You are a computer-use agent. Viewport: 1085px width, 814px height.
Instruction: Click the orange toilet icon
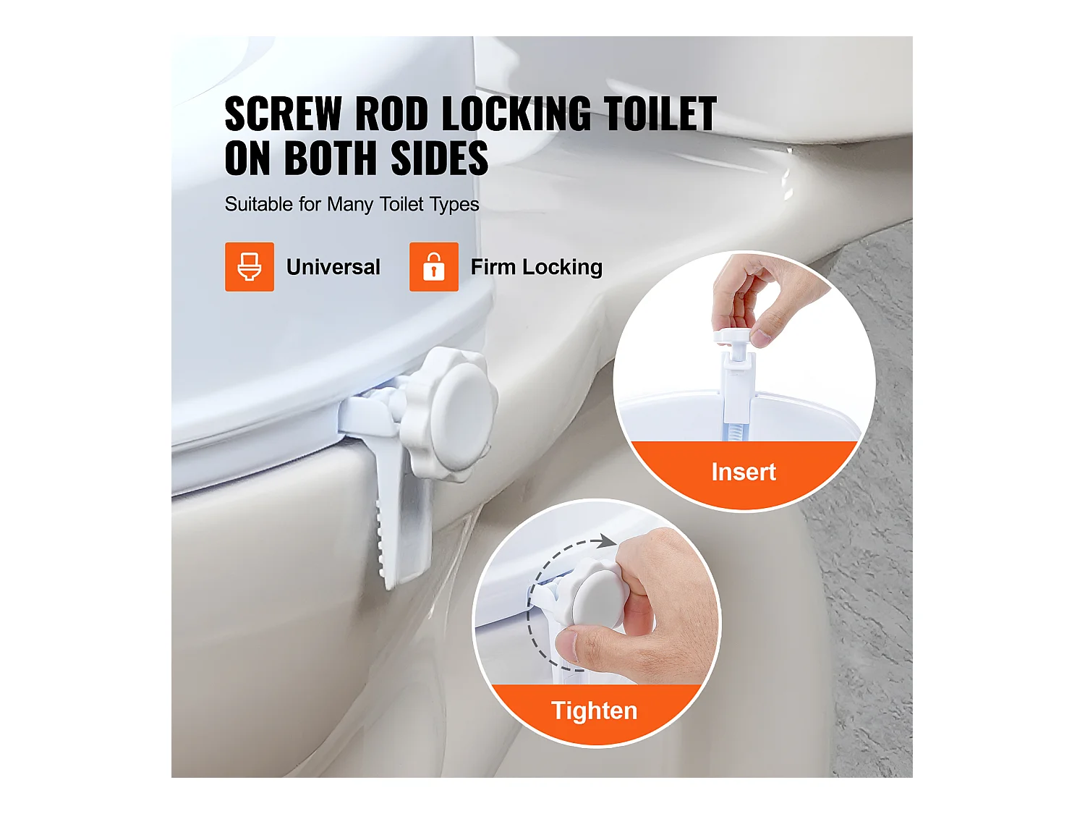tap(250, 267)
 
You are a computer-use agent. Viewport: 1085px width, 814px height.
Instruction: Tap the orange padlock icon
tap(434, 267)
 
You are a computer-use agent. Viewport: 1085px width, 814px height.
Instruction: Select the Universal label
tap(333, 267)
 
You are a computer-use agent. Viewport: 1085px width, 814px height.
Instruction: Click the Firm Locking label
tap(536, 267)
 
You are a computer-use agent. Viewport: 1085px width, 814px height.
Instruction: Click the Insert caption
tap(744, 472)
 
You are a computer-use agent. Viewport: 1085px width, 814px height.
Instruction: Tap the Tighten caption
tap(594, 711)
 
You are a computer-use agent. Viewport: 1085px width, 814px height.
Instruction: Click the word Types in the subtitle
tap(454, 205)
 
